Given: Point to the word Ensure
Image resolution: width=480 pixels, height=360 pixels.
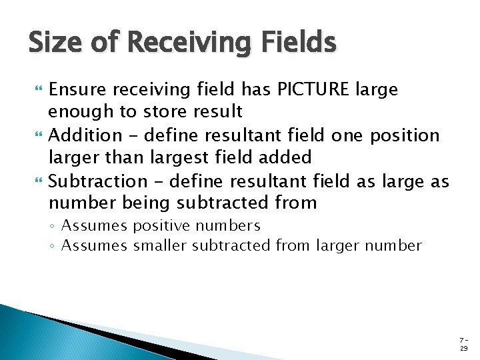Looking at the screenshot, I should click(79, 89).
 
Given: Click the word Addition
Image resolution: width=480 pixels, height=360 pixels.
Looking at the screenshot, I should click(85, 135).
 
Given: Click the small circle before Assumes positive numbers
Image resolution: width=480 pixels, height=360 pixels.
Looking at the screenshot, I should click(53, 227).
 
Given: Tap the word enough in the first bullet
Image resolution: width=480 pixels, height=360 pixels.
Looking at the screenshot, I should click(79, 111).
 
